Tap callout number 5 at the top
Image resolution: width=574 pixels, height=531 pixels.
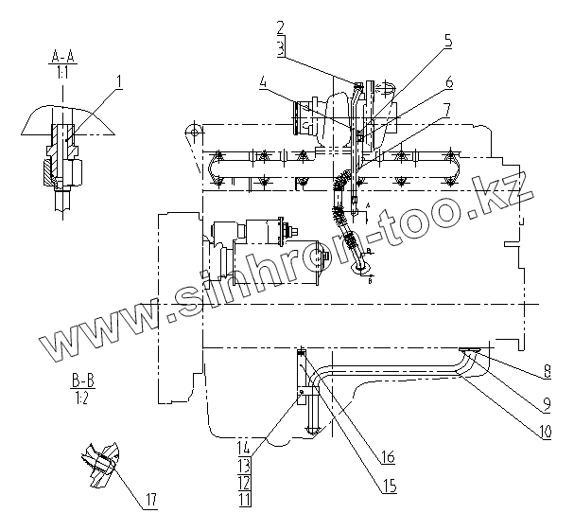(448, 41)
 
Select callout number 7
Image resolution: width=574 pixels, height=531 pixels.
(447, 111)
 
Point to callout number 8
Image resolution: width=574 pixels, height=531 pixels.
(547, 372)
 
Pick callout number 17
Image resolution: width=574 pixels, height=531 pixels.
(150, 499)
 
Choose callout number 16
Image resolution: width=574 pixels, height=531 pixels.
(388, 457)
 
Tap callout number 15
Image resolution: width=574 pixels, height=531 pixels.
(390, 487)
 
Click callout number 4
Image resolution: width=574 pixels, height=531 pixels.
(263, 82)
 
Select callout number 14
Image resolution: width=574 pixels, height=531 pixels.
(244, 448)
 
